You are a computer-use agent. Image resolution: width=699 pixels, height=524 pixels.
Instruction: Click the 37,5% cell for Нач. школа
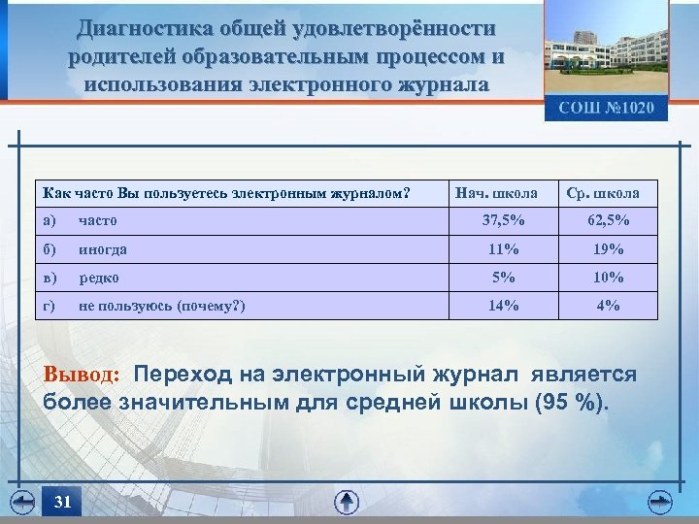(x=504, y=220)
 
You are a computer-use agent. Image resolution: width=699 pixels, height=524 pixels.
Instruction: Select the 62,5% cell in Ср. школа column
(x=608, y=220)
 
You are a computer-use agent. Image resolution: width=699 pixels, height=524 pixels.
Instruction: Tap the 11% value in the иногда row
(x=504, y=249)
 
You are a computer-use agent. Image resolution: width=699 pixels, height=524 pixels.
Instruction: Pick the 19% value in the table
(x=608, y=249)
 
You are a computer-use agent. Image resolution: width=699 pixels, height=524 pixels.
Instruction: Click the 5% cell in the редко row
(x=504, y=278)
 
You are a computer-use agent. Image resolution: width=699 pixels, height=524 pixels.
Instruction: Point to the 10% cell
(x=608, y=278)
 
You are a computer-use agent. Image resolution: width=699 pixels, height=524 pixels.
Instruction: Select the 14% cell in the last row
(x=504, y=307)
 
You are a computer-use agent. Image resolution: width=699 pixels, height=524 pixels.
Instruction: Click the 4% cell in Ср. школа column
(x=608, y=307)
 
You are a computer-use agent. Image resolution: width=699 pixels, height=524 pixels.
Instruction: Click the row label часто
(x=98, y=220)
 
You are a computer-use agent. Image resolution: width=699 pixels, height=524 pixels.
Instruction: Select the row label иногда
(x=103, y=249)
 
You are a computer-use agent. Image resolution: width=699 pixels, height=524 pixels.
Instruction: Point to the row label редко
(x=99, y=278)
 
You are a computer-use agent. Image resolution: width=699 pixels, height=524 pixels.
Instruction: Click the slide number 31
(x=63, y=502)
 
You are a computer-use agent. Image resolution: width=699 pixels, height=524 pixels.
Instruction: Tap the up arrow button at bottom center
(x=347, y=502)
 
